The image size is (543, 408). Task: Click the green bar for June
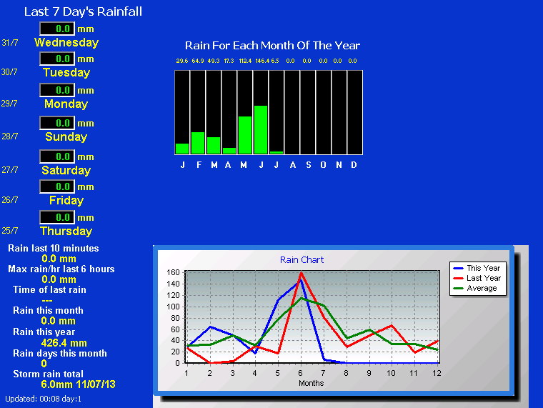pos(260,129)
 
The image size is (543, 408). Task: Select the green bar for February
pos(198,143)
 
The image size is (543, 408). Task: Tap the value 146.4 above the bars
pos(262,61)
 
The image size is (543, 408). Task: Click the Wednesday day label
pos(66,42)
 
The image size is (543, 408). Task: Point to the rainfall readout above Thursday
pos(57,217)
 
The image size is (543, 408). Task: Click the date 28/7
pos(10,136)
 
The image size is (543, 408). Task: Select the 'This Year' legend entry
pos(477,268)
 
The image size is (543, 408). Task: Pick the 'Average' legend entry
pos(475,288)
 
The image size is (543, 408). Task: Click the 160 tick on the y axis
pos(173,272)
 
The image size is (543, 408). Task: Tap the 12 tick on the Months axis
pos(437,373)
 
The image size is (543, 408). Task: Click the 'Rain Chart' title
pos(302,260)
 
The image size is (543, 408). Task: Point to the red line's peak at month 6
pos(301,273)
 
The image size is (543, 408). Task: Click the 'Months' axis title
pos(311,383)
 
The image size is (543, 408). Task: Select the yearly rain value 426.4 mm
pos(64,343)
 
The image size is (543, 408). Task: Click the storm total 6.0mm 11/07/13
pos(79,384)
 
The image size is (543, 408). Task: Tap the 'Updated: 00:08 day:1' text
pos(44,399)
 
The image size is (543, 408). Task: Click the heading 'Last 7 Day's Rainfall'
pos(83,11)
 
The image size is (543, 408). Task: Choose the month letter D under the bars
pos(354,165)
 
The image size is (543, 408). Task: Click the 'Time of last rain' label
pos(49,289)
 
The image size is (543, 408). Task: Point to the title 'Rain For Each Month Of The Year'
pos(272,45)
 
